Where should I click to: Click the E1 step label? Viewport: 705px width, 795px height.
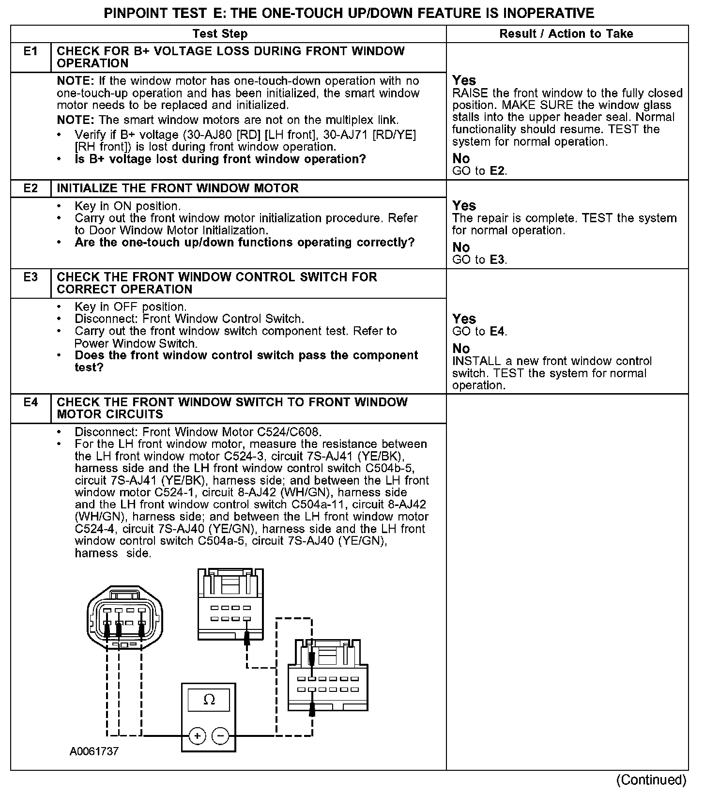point(31,51)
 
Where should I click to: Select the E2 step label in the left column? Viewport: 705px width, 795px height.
point(31,188)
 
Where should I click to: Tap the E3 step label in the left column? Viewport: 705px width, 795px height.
point(31,277)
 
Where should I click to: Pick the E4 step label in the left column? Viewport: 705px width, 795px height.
point(31,402)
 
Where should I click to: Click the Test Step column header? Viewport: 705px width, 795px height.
point(220,34)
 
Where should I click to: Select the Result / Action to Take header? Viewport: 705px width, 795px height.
point(566,34)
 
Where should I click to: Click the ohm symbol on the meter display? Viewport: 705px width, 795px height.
point(209,700)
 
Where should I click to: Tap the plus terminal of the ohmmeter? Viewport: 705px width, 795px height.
point(197,736)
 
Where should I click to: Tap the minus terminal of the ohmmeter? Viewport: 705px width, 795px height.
point(220,736)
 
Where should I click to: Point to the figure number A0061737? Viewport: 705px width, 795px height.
point(94,751)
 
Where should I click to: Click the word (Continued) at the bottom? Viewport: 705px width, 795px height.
point(651,780)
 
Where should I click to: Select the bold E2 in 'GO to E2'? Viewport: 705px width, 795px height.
point(498,171)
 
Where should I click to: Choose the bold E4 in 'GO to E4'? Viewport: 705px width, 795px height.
point(498,332)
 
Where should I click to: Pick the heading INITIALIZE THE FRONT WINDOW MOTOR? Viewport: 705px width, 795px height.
point(178,188)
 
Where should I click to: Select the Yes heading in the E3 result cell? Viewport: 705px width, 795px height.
point(464,319)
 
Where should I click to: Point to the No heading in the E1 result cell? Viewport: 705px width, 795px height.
point(461,158)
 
